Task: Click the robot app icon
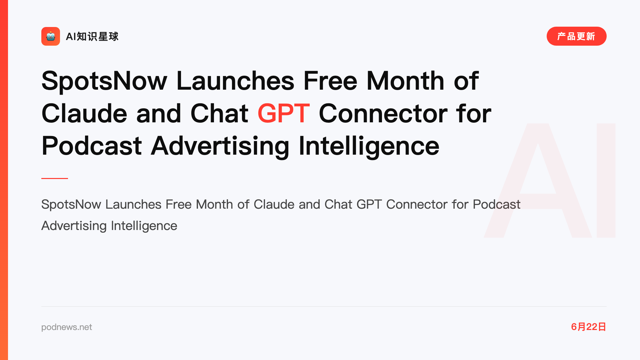click(x=51, y=36)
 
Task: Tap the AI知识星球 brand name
click(x=92, y=36)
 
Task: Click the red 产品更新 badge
click(x=576, y=36)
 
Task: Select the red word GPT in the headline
click(x=284, y=113)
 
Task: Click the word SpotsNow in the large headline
click(x=104, y=81)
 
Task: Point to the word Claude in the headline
click(x=84, y=113)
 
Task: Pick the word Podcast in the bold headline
click(x=92, y=146)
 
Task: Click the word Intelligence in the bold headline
click(x=369, y=146)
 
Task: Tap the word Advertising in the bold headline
click(x=220, y=146)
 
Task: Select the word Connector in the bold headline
click(x=383, y=114)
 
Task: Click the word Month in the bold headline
click(x=405, y=81)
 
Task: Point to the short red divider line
click(x=55, y=178)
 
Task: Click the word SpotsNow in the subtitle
click(x=71, y=204)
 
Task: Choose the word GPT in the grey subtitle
click(x=369, y=204)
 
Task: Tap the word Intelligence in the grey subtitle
click(x=144, y=226)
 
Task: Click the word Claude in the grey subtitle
click(x=274, y=204)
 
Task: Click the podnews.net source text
click(x=67, y=327)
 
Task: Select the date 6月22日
click(x=589, y=327)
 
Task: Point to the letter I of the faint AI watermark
click(x=606, y=180)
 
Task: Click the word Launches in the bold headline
click(x=235, y=81)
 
